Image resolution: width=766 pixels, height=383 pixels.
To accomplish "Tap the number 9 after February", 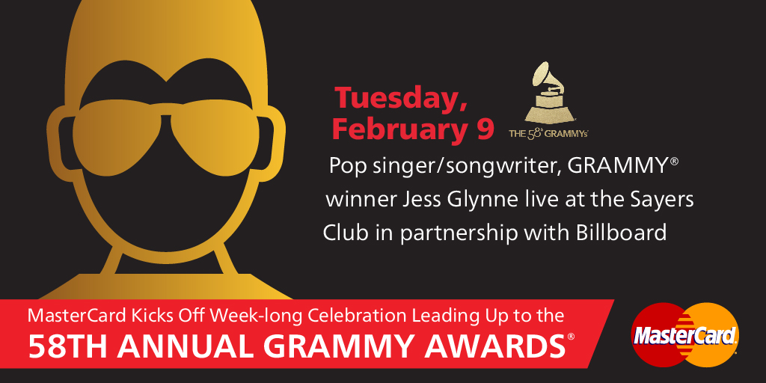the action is pyautogui.click(x=484, y=129).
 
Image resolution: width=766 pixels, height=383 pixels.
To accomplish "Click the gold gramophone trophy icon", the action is pyautogui.click(x=548, y=93).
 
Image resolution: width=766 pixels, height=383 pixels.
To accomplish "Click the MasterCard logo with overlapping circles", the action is pyautogui.click(x=685, y=334).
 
